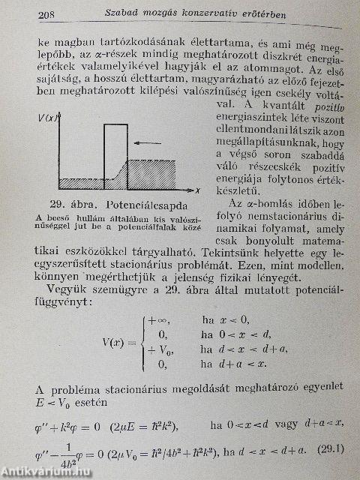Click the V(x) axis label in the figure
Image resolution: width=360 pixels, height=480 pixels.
(51, 117)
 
